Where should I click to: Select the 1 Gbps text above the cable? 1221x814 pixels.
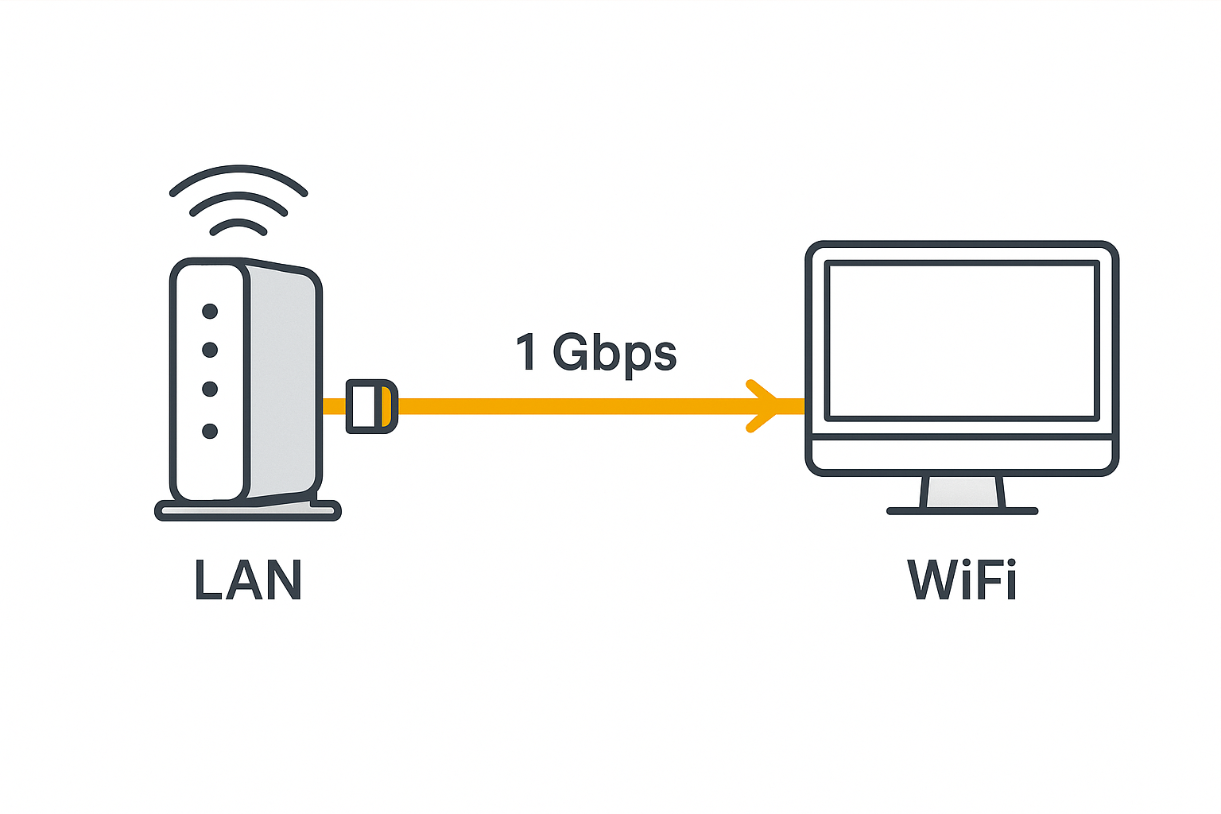(596, 352)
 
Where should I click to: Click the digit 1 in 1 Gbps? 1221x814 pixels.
(526, 352)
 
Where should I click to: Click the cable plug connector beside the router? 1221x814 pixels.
(371, 406)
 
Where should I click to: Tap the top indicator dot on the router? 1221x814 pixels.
(210, 311)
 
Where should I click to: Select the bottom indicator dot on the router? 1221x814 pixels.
(210, 431)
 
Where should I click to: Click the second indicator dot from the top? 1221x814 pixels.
(210, 350)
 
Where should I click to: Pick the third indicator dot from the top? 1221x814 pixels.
(210, 389)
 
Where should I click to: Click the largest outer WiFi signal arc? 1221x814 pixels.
(238, 169)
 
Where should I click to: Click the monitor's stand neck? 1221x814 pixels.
(963, 492)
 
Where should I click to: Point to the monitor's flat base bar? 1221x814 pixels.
(963, 511)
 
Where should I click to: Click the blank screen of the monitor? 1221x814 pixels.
(962, 340)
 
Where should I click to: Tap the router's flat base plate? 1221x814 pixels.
(248, 511)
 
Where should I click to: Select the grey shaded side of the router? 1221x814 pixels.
(282, 382)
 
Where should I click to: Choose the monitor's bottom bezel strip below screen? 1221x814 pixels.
(962, 455)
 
